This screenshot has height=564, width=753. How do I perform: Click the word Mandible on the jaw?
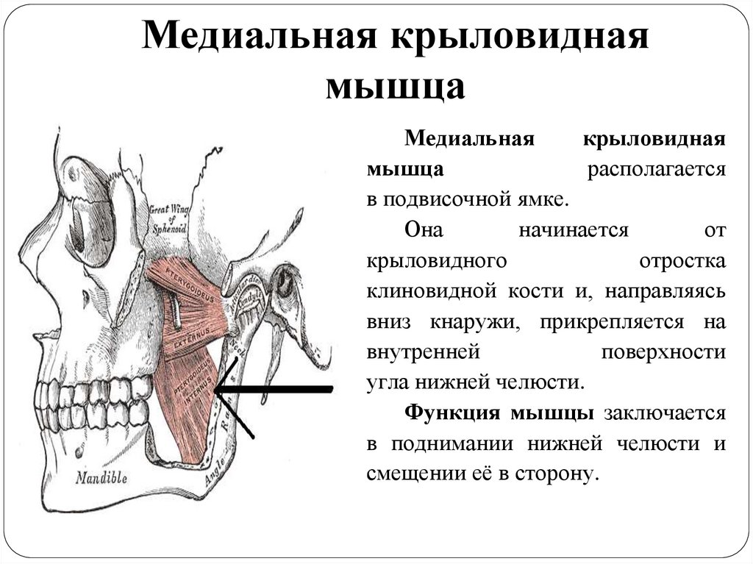point(102,477)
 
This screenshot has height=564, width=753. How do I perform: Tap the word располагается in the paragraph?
point(656,168)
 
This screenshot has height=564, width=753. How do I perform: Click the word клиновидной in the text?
point(455,291)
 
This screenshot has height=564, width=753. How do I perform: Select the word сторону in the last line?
point(561,474)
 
